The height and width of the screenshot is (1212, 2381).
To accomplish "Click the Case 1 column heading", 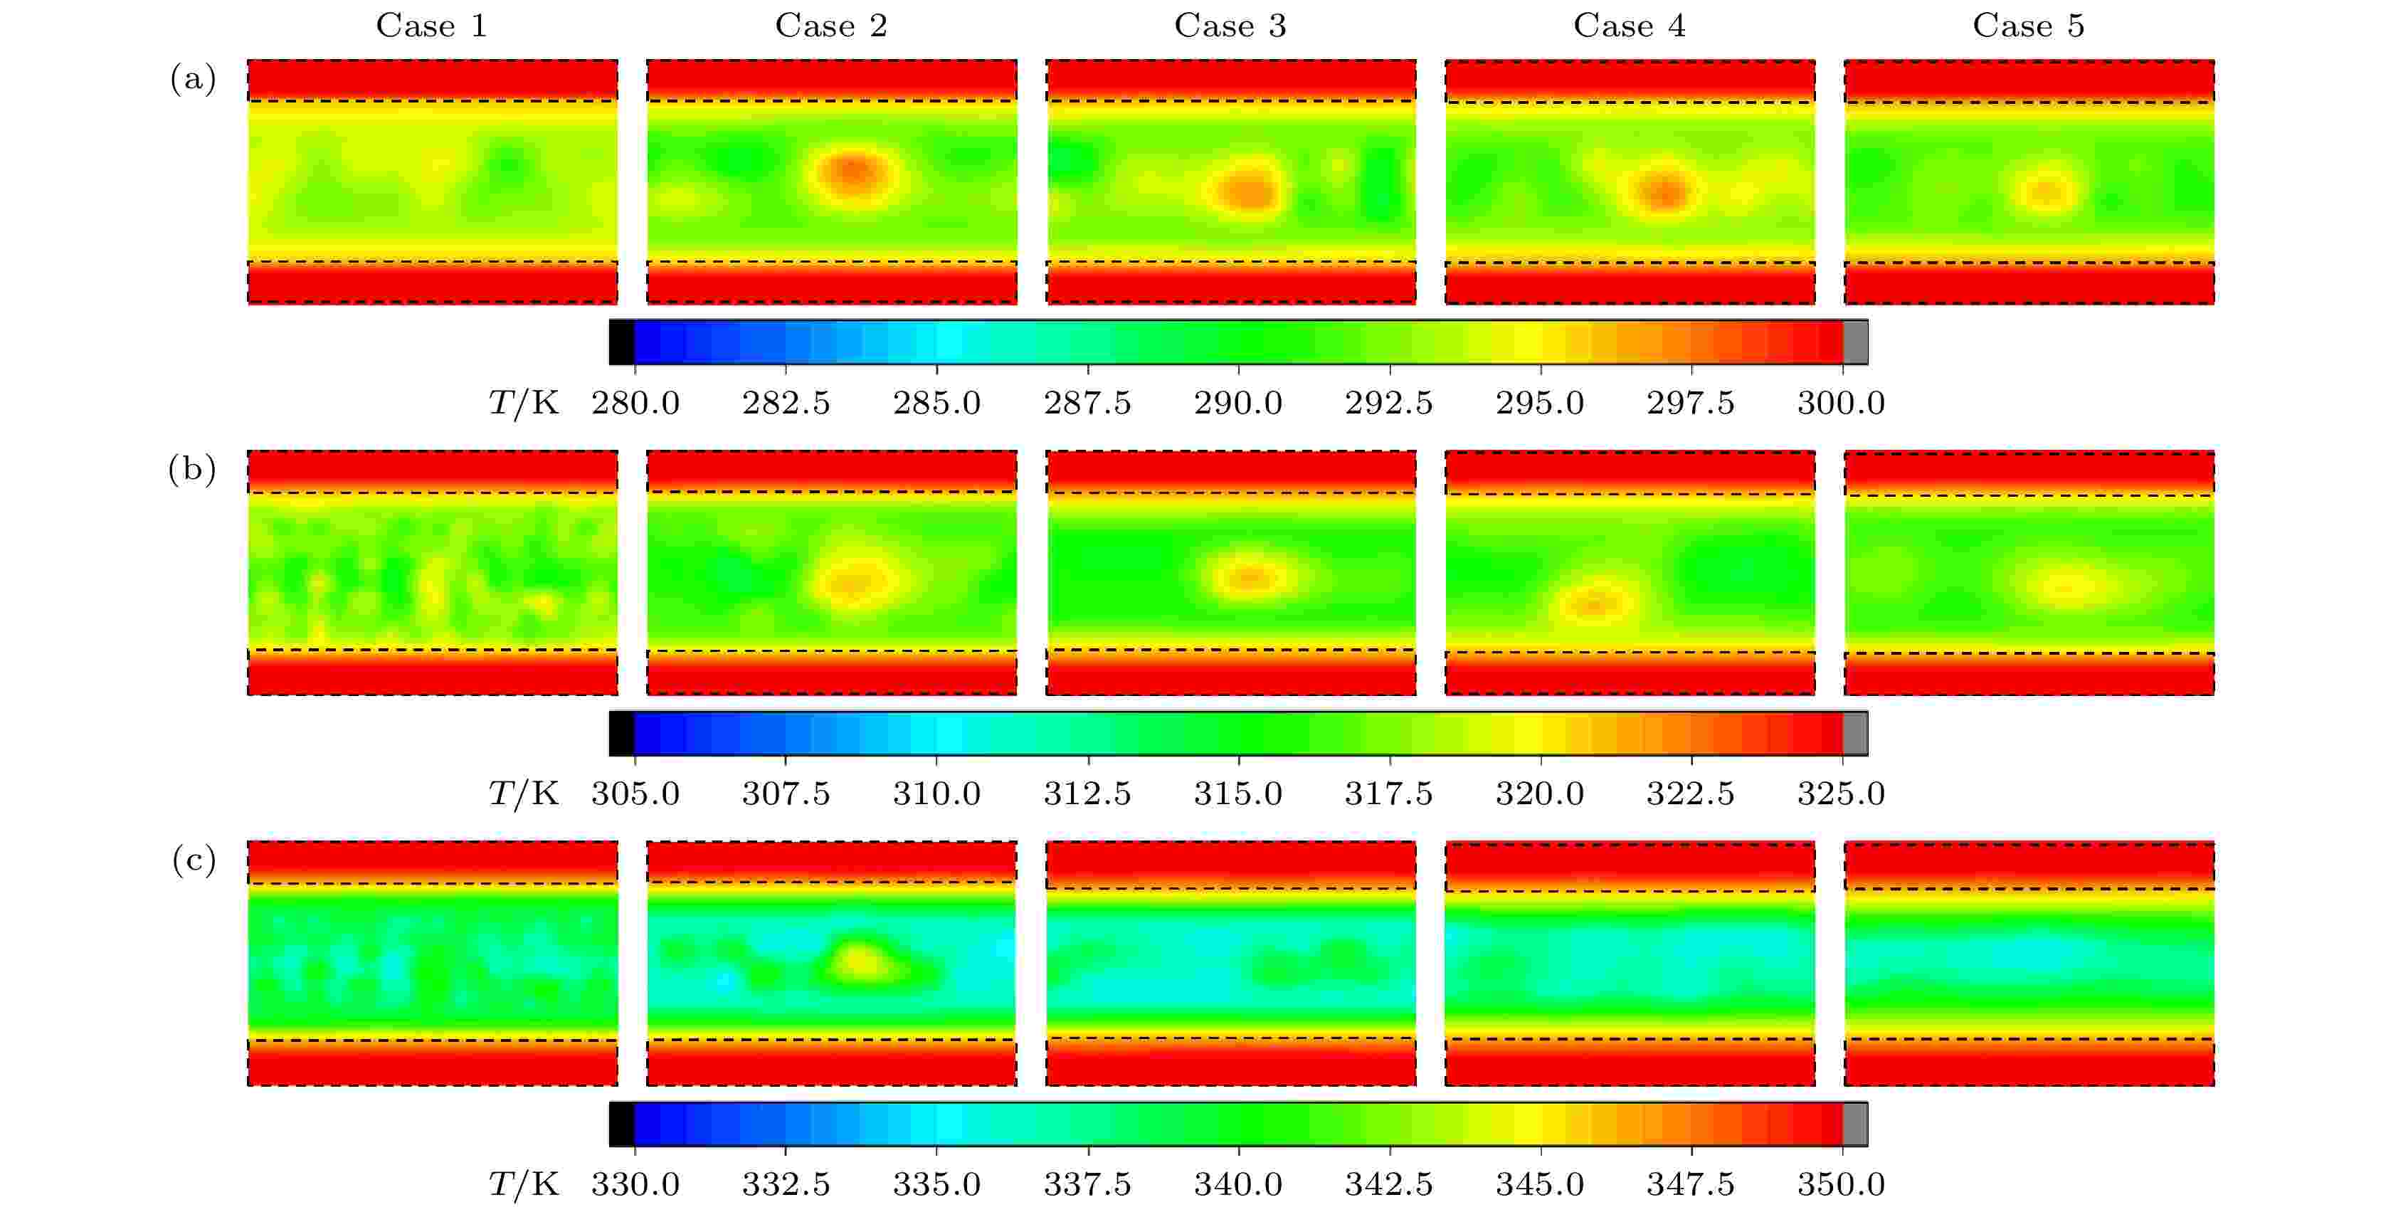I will [x=431, y=26].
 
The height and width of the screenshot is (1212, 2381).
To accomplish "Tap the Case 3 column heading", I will [x=1230, y=26].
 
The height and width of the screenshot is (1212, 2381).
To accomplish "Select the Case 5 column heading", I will [x=2028, y=26].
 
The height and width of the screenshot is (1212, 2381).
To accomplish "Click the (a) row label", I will [x=192, y=80].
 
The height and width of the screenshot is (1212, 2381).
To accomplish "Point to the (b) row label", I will [x=192, y=470].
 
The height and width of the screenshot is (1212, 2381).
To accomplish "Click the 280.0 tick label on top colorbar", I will [x=635, y=403].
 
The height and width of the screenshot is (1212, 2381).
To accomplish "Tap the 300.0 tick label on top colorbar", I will [x=1840, y=403].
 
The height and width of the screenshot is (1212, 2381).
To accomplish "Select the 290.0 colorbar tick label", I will [x=1237, y=403].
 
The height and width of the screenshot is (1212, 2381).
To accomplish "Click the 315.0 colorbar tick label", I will [x=1237, y=794].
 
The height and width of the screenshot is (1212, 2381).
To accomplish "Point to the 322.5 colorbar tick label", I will [x=1689, y=794].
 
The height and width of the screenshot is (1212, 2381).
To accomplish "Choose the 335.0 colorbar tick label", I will [x=936, y=1184].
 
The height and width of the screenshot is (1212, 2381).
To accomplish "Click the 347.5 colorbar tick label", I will [x=1689, y=1184].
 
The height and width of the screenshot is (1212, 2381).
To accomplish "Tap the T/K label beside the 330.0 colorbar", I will [x=523, y=1184].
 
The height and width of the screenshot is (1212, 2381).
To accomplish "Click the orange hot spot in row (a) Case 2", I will [x=854, y=173].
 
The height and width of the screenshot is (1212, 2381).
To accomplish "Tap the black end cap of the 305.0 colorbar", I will [x=621, y=734].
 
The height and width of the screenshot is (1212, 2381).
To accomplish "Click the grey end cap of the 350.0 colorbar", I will [x=1855, y=1124].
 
